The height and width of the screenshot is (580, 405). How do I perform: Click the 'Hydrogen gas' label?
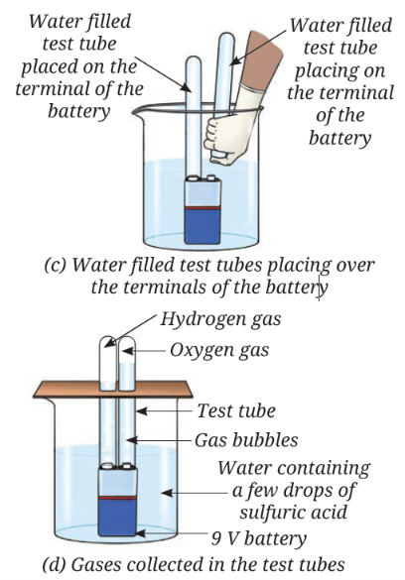tap(220, 319)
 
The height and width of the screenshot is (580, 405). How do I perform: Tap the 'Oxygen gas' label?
tap(219, 350)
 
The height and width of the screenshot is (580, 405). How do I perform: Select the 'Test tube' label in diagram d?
tap(236, 410)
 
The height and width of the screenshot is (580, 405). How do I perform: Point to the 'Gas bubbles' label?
tap(246, 440)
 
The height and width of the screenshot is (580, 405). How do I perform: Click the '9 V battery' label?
tap(259, 538)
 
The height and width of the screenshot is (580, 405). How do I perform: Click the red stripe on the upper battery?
tap(202, 208)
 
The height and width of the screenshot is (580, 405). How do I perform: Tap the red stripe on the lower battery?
tap(117, 499)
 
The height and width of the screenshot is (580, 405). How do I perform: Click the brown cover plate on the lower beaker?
tap(112, 390)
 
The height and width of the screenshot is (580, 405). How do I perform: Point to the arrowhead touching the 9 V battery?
tap(142, 533)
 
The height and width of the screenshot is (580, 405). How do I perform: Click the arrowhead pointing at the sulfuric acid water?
tap(167, 493)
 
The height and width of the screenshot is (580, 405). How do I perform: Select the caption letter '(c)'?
tap(56, 266)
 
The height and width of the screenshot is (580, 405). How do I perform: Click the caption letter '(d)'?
tap(55, 565)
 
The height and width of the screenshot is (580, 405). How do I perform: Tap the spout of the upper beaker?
tap(138, 111)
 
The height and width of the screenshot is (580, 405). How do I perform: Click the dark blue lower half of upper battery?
tap(202, 227)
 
